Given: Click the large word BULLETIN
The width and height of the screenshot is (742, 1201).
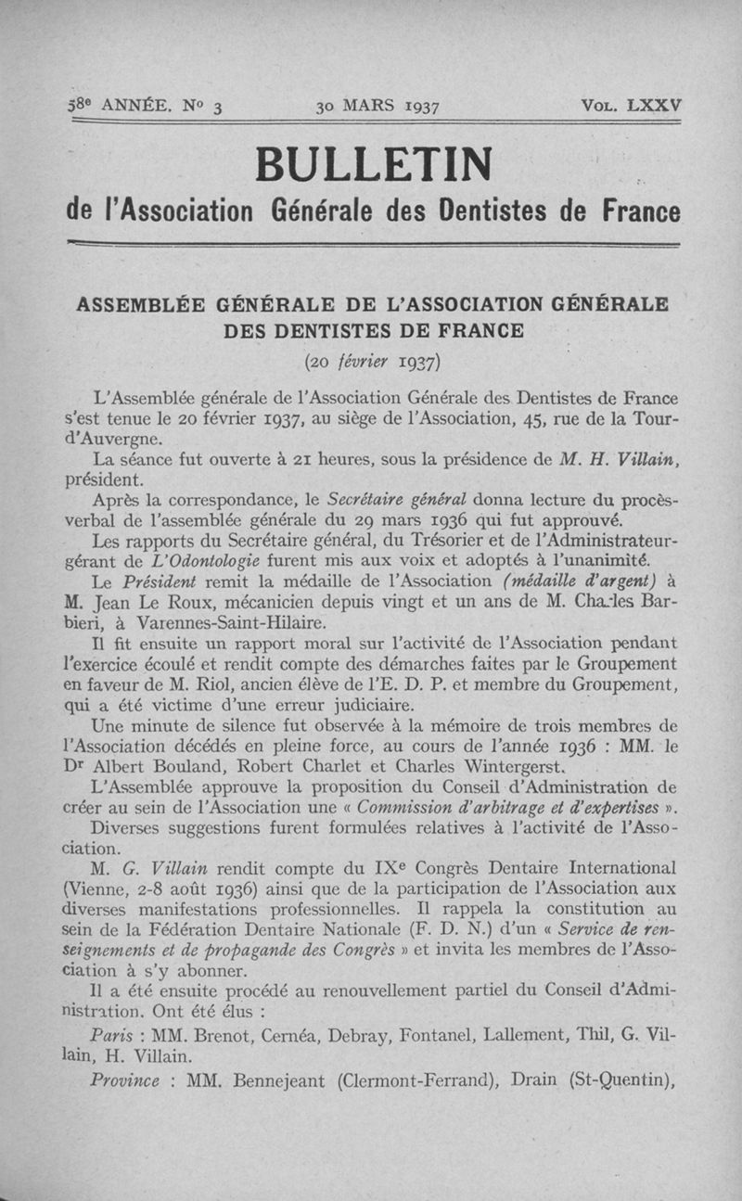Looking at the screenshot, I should coord(374,165).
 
